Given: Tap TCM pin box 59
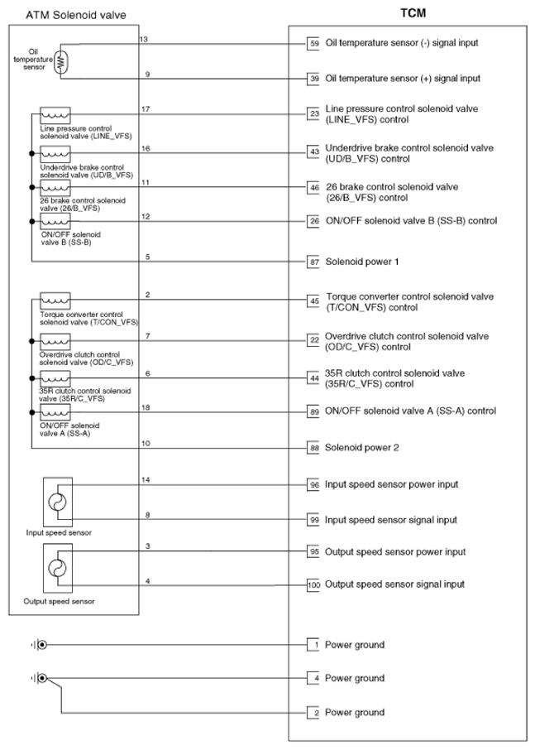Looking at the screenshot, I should [313, 43].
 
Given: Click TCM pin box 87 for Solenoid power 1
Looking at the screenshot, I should [313, 262].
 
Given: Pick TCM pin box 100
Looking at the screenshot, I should [313, 584].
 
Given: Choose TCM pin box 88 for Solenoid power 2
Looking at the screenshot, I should [313, 448].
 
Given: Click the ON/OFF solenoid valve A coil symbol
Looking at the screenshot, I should [55, 411].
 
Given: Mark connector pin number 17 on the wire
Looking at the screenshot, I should [146, 109].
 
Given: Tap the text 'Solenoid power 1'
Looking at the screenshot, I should [362, 262].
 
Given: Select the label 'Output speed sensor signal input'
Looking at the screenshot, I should [394, 584].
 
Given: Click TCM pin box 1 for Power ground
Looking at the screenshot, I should [313, 645].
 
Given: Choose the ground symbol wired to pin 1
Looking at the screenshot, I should [40, 645].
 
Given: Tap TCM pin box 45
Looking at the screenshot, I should [313, 301].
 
